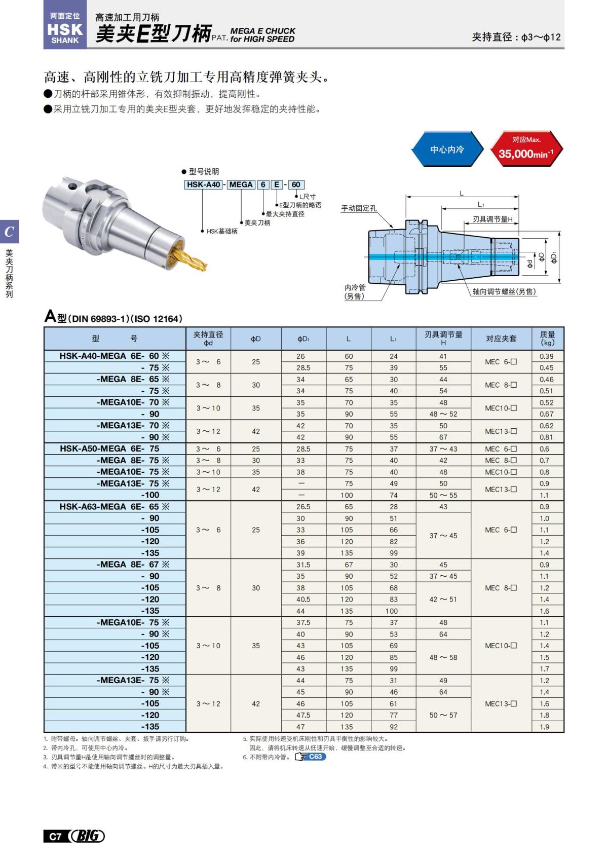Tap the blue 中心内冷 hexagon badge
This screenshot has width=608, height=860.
tap(446, 149)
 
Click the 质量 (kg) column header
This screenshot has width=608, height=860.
tap(547, 339)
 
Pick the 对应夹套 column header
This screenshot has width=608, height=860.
tap(501, 339)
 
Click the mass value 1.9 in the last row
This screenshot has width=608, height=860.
tap(544, 727)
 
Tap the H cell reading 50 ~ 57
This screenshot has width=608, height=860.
tap(443, 715)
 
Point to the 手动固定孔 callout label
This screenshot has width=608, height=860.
tap(359, 208)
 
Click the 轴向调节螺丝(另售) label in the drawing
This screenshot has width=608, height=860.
tap(504, 291)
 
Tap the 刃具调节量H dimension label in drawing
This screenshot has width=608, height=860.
tap(492, 219)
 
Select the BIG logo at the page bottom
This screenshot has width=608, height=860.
tap(87, 836)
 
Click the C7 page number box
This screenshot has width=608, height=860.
tap(55, 836)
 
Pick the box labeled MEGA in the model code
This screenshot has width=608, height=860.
tap(240, 184)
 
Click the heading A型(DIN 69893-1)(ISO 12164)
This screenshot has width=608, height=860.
tap(113, 318)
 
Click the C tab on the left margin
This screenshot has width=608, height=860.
tap(9, 232)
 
